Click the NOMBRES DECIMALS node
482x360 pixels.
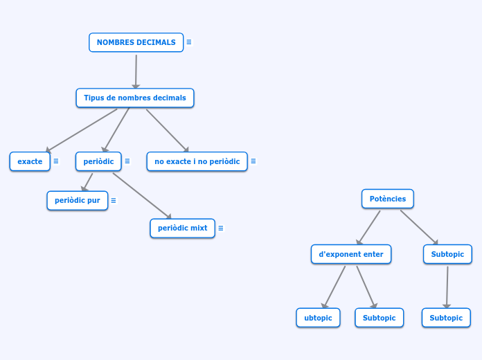coord(136,42)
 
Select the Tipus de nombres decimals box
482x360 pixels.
coord(135,98)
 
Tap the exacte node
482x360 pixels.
coord(30,161)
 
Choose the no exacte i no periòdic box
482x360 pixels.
coord(197,161)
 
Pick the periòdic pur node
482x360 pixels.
coord(77,200)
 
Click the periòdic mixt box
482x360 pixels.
coord(182,228)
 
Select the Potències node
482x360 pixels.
coord(387,199)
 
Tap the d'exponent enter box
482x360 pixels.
coord(350,254)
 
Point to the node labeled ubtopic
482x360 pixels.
coord(318,318)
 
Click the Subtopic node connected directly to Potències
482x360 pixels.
coord(447,254)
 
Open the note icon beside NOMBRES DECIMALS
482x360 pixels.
coord(189,42)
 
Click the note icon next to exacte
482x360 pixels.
coord(56,161)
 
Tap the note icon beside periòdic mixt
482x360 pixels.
coord(221,228)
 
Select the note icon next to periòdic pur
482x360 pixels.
coord(114,200)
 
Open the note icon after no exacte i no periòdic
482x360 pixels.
coord(253,161)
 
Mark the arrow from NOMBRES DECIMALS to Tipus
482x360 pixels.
coord(136,71)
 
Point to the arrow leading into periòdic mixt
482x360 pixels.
coord(142,196)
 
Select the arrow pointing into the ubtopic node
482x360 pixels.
coord(334,287)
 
